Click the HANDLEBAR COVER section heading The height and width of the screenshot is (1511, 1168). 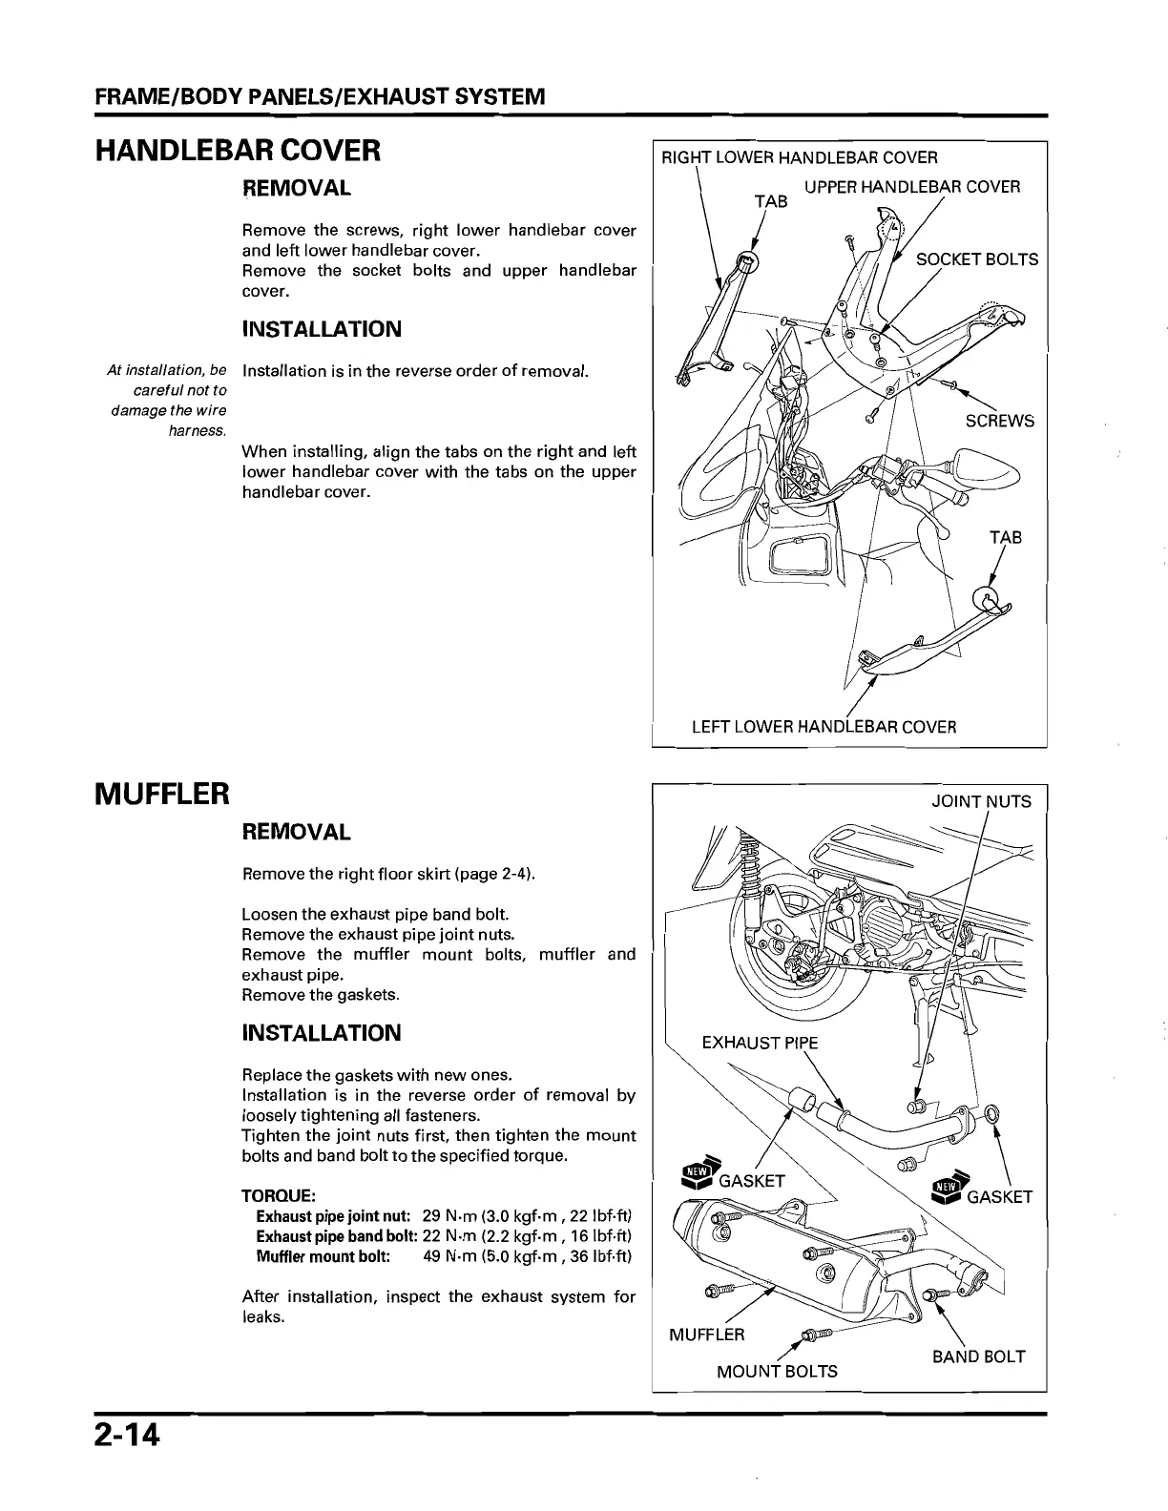coord(238,150)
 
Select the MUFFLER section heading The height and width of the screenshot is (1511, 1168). coord(162,793)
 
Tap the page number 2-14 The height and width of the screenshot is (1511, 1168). coord(127,1436)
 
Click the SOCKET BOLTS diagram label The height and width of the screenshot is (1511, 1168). coord(976,259)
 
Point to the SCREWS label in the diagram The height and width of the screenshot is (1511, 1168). coord(999,421)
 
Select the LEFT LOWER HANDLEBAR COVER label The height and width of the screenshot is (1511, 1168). coord(823,727)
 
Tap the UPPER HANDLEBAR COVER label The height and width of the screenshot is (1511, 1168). coord(911,187)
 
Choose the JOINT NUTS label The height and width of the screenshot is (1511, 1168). coord(981,801)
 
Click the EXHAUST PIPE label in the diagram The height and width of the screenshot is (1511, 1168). coord(760,1043)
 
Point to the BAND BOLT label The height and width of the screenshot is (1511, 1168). coord(978,1356)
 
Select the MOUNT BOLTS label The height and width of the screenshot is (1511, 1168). coord(777,1372)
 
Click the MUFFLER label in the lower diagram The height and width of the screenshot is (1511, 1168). coord(706,1335)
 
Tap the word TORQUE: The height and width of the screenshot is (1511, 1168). coord(279,1196)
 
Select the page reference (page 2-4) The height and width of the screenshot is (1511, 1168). coord(493,874)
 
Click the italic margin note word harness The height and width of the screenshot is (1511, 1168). coord(198,431)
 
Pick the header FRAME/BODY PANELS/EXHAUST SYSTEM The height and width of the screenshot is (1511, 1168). coord(320,97)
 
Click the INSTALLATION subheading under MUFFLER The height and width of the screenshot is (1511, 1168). coord(322,1033)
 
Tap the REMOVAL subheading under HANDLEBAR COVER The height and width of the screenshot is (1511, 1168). coord(296,188)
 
